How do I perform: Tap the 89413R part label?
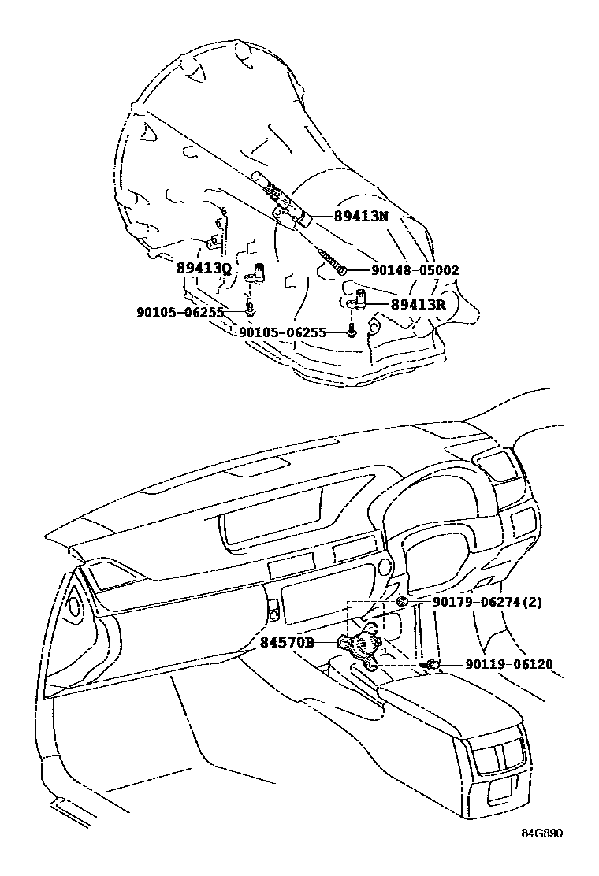pos(419,304)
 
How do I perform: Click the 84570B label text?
pos(287,642)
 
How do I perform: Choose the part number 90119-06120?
pos(498,665)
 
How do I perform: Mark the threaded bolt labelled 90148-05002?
pos(331,260)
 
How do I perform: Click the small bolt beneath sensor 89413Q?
pos(249,310)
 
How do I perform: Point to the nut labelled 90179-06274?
pos(400,602)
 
